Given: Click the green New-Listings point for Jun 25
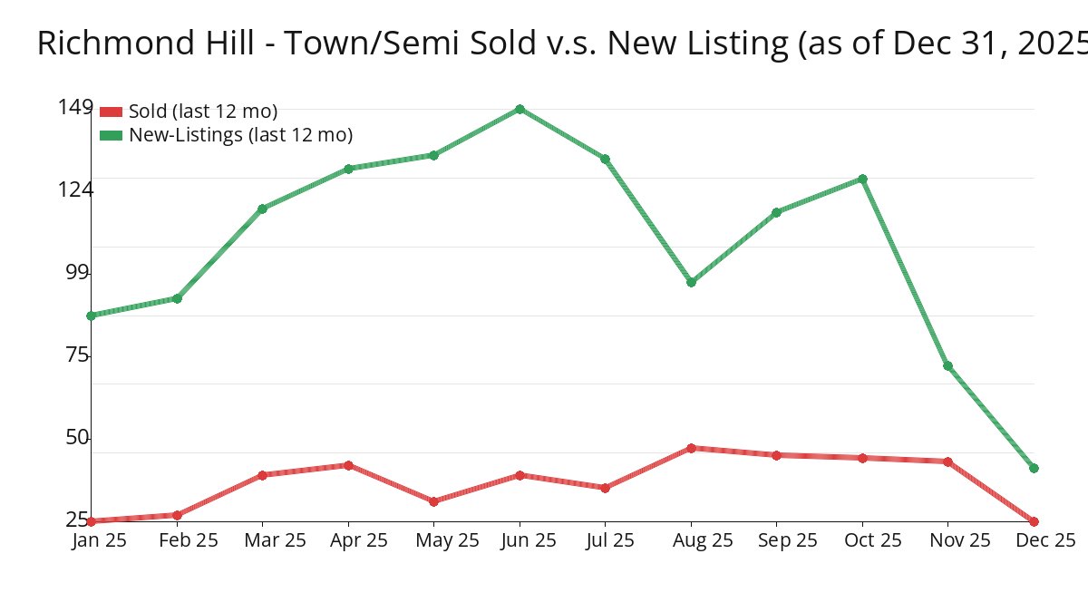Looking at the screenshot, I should pos(520,109).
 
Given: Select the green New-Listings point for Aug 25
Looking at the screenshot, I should pos(691,282).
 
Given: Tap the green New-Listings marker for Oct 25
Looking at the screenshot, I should pos(862,179).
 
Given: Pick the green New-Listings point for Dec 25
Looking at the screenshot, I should pos(1034,468).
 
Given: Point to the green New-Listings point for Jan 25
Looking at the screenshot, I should pos(91,316).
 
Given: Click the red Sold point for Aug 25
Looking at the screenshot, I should pos(691,448).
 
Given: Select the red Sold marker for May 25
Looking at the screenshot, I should pos(433,501).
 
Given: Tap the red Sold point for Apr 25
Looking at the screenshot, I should pos(348,465).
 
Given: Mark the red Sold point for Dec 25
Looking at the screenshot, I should pos(1034,521).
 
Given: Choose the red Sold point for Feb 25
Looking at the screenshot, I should pos(177,515).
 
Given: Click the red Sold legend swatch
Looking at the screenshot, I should pos(111,112).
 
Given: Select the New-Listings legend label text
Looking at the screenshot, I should pos(240,135).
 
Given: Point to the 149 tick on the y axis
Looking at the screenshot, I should pos(75,107).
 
